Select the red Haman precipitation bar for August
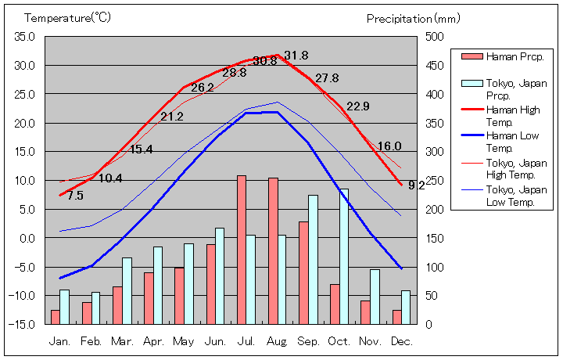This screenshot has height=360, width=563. pyautogui.click(x=273, y=250)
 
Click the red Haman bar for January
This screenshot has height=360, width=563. pyautogui.click(x=55, y=317)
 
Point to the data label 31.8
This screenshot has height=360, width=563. pyautogui.click(x=296, y=56)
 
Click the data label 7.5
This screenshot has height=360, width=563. pyautogui.click(x=75, y=196)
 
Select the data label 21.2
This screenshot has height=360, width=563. pyautogui.click(x=172, y=117)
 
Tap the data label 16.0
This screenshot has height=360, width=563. pyautogui.click(x=389, y=146)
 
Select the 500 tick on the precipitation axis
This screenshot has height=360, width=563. pyautogui.click(x=435, y=37)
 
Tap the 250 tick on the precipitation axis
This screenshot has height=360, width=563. pyautogui.click(x=435, y=180)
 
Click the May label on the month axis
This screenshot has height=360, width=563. pyautogui.click(x=183, y=341)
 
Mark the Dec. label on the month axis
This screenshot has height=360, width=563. pyautogui.click(x=401, y=341)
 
